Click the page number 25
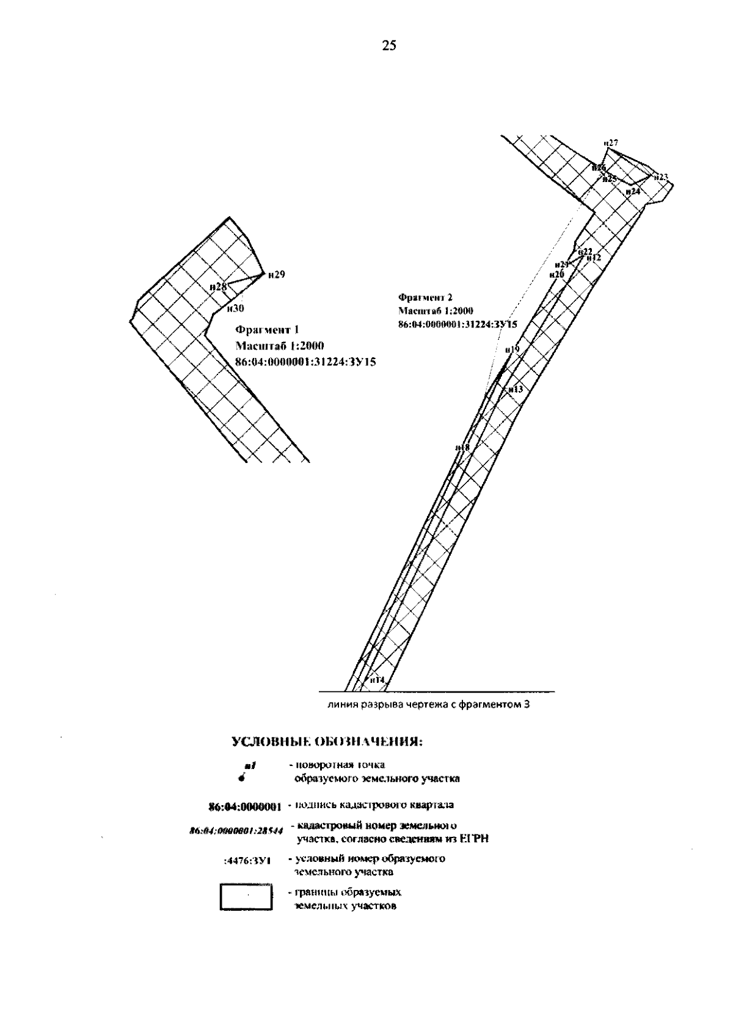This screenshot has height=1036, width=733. click(x=389, y=45)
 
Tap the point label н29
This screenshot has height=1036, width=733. click(x=276, y=275)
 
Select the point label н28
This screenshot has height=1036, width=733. click(x=218, y=286)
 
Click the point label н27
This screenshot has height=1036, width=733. click(x=611, y=143)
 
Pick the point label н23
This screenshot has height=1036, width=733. click(x=660, y=177)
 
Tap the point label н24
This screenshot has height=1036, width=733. click(x=633, y=191)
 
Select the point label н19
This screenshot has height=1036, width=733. click(x=512, y=349)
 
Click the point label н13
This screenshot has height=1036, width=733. click(x=516, y=389)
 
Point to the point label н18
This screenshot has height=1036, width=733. click(x=462, y=448)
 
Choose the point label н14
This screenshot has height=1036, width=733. click(x=376, y=680)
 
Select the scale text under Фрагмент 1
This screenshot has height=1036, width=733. click(x=279, y=346)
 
